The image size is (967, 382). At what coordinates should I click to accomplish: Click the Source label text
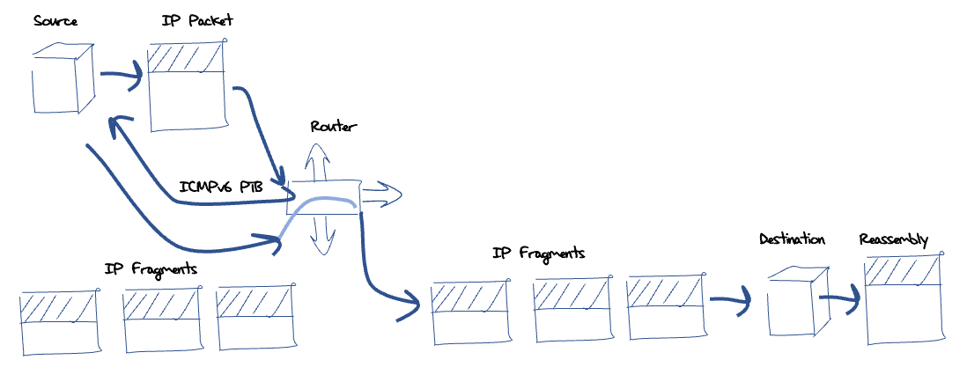(55, 21)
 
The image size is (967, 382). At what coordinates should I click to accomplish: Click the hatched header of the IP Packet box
(186, 58)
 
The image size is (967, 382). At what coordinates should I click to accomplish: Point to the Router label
(334, 127)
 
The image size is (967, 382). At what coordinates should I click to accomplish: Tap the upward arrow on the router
(315, 159)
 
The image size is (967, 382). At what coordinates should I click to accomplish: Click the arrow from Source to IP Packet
(122, 77)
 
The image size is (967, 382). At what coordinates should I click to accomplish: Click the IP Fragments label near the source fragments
(150, 268)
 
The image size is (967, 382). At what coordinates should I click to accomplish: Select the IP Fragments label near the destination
(539, 253)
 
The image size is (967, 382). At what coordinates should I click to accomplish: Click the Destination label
(793, 239)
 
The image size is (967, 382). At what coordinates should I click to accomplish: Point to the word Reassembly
(893, 239)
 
